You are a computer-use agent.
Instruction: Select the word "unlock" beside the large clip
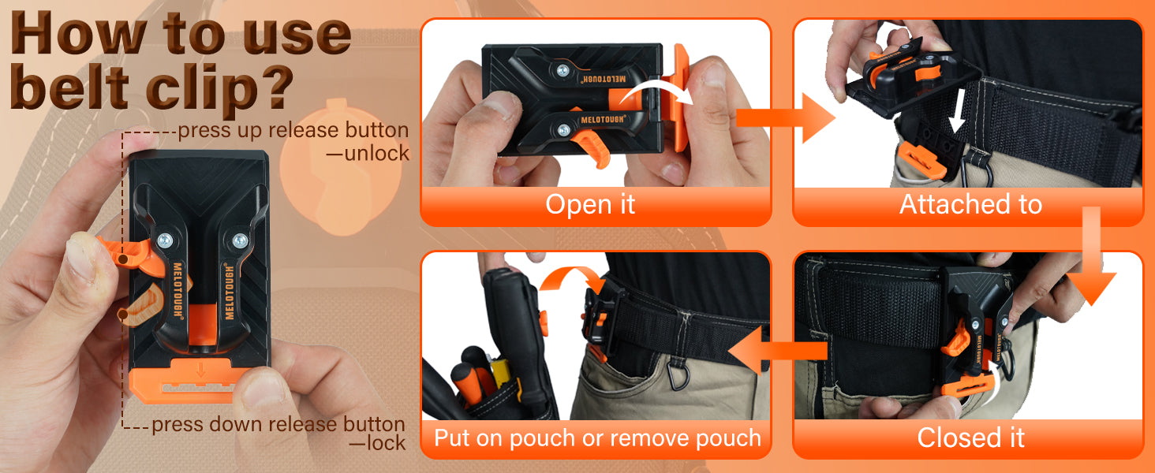tap(376, 154)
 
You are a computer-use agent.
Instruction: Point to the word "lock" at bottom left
tap(386, 443)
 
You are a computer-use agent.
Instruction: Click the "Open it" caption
tap(590, 204)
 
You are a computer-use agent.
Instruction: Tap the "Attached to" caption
tap(970, 204)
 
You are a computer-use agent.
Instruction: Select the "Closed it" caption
tap(970, 438)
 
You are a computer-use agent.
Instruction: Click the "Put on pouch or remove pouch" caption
tap(597, 438)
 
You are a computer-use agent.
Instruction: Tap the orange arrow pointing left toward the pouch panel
tap(778, 350)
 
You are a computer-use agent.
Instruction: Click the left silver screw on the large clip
tap(164, 240)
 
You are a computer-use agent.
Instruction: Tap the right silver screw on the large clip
tap(240, 240)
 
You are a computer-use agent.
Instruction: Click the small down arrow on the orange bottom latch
tap(200, 370)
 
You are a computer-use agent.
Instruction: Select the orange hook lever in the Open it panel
tap(593, 147)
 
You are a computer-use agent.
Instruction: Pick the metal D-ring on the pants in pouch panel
tap(678, 374)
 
